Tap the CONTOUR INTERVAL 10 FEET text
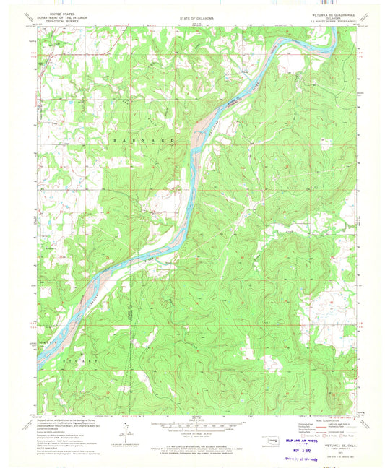[x=191, y=432]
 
